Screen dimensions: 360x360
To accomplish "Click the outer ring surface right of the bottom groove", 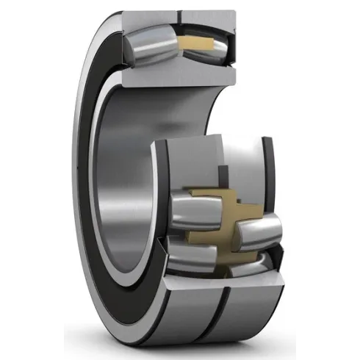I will pos(250,309).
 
